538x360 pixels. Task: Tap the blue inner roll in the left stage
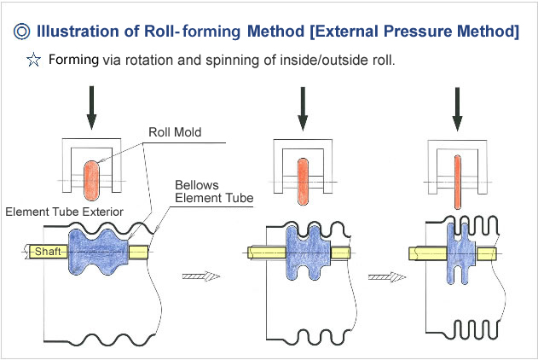(x=98, y=252)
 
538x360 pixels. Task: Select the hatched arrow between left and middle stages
(x=201, y=276)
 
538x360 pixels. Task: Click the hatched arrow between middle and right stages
(x=385, y=276)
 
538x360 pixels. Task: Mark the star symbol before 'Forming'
(x=33, y=61)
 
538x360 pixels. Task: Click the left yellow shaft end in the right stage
(x=423, y=254)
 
